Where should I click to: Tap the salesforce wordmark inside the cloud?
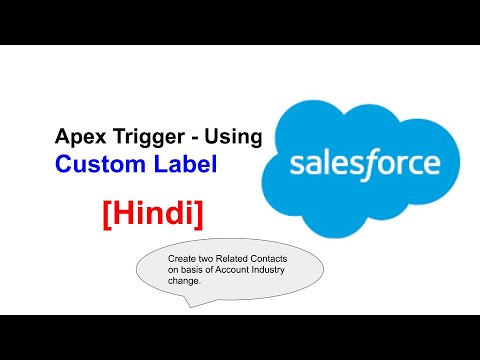pos(364,162)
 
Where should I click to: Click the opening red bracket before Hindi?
pos(106,213)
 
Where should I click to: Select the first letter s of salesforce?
pos(296,163)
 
